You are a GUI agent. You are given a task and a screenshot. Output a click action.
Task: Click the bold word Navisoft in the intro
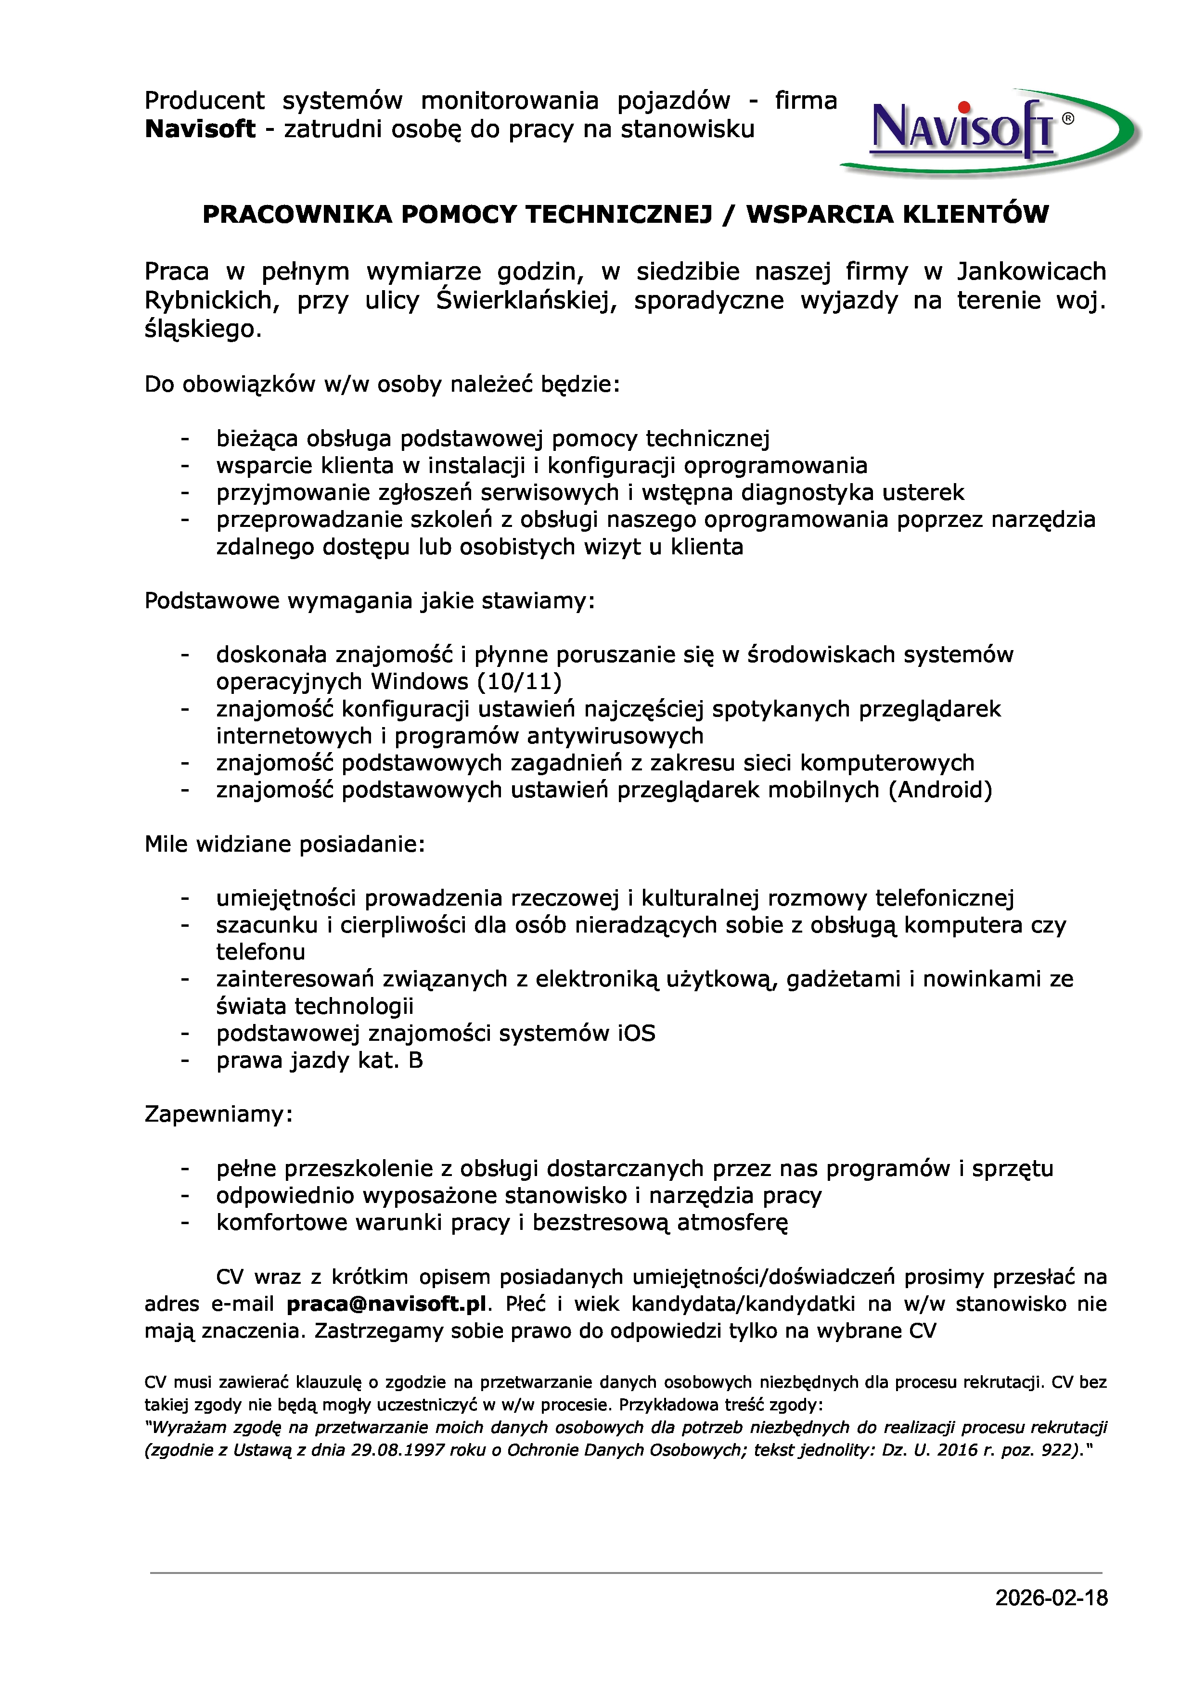point(200,129)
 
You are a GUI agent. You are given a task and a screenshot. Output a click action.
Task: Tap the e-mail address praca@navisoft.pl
point(386,1304)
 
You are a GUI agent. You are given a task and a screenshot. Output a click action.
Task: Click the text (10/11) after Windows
point(520,681)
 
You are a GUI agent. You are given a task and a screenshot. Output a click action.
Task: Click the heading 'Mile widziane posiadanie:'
point(284,844)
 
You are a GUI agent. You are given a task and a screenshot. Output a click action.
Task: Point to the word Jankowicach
point(1031,271)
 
